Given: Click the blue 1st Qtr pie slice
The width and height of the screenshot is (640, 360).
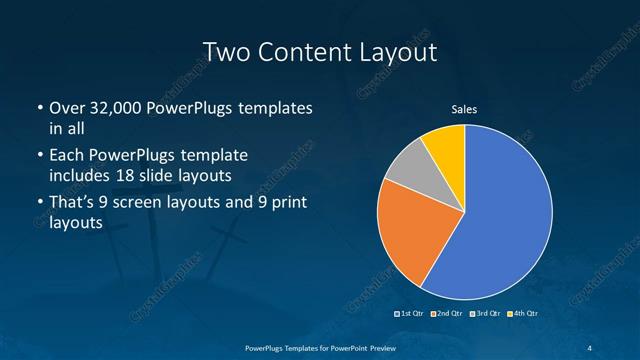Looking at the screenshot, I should click(500, 220).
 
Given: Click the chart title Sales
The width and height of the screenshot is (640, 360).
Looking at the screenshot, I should click(465, 109).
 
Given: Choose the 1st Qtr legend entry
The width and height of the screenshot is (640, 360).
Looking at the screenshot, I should click(411, 315).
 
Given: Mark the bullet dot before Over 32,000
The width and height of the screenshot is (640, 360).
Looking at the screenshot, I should click(38, 108).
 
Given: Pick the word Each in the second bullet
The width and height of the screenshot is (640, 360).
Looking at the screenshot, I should click(65, 156).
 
